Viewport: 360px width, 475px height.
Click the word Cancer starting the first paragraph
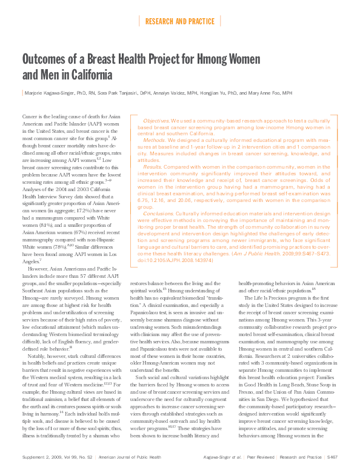coord(30,116)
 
